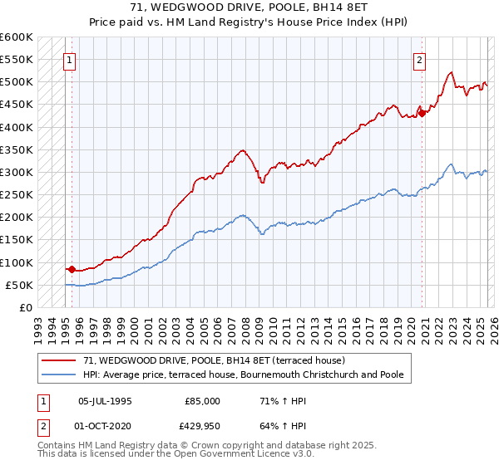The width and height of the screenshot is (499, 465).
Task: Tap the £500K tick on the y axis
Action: pyautogui.click(x=17, y=82)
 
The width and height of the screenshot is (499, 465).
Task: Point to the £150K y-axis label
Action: pyautogui.click(x=17, y=240)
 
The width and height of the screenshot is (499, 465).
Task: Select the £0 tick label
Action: pyautogui.click(x=26, y=308)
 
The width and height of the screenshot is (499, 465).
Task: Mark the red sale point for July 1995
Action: pyautogui.click(x=72, y=269)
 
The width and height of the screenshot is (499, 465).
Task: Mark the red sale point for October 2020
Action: pyautogui.click(x=422, y=114)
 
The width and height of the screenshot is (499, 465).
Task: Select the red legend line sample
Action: pyautogui.click(x=60, y=360)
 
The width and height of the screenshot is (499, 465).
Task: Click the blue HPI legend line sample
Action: pyautogui.click(x=60, y=374)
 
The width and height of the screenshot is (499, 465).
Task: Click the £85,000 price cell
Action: pyautogui.click(x=200, y=401)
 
